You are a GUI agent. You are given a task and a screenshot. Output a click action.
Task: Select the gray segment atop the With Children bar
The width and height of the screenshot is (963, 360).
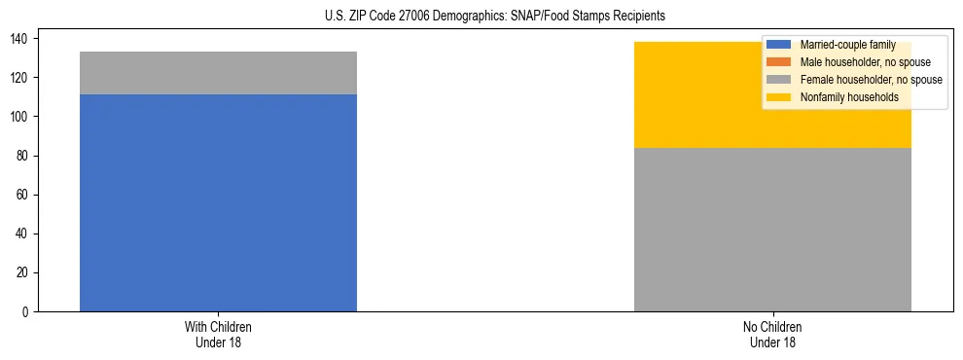point(218,73)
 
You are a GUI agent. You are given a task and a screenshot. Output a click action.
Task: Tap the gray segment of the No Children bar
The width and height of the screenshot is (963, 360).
point(772,230)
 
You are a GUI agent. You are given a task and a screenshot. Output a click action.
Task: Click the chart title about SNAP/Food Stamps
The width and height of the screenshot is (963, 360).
point(495,17)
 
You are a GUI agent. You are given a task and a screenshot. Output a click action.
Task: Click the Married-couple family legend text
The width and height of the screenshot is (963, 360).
point(847,45)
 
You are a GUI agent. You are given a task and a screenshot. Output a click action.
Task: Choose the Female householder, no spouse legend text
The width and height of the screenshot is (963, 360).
point(871,80)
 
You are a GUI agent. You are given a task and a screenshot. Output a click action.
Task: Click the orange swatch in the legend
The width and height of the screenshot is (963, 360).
point(779,62)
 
